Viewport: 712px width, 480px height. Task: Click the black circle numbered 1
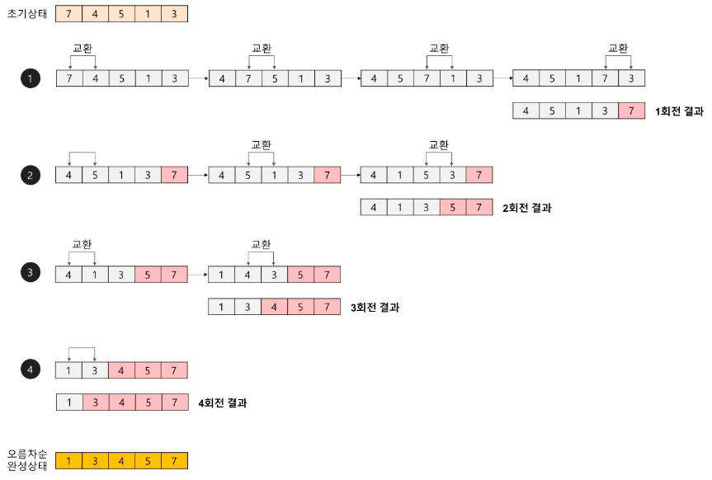pyautogui.click(x=31, y=78)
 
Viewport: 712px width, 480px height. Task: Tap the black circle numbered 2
pyautogui.click(x=31, y=175)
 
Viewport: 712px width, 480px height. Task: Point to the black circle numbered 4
pyautogui.click(x=31, y=370)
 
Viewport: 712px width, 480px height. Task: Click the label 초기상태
pyautogui.click(x=25, y=13)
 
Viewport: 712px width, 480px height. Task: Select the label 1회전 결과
pyautogui.click(x=679, y=111)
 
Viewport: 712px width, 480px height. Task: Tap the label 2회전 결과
pyautogui.click(x=526, y=208)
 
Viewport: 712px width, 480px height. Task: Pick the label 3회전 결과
pyautogui.click(x=375, y=308)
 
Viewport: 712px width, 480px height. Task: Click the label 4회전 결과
pyautogui.click(x=223, y=403)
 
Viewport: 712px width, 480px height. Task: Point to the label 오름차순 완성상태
pyautogui.click(x=27, y=460)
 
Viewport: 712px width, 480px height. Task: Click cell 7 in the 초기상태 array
pyautogui.click(x=69, y=14)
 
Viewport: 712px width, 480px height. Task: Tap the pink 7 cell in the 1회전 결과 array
pyautogui.click(x=631, y=111)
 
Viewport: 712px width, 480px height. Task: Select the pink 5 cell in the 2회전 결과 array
pyautogui.click(x=453, y=207)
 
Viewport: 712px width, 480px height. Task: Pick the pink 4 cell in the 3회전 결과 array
pyautogui.click(x=274, y=308)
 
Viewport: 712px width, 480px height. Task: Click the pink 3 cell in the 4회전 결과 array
pyautogui.click(x=96, y=402)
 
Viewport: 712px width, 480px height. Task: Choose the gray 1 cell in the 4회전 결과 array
pyautogui.click(x=69, y=402)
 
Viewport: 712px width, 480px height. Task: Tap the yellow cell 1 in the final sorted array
pyautogui.click(x=69, y=460)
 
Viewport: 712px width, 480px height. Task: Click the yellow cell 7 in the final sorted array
pyautogui.click(x=174, y=460)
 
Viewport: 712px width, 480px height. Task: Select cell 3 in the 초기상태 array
pyautogui.click(x=174, y=14)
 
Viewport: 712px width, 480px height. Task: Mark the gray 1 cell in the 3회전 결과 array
pyautogui.click(x=221, y=308)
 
